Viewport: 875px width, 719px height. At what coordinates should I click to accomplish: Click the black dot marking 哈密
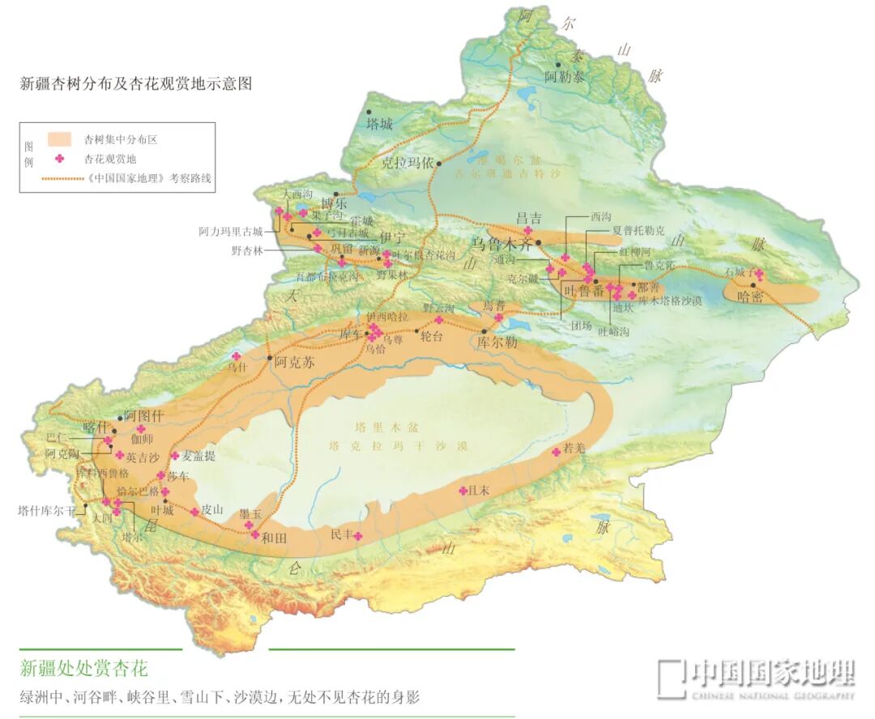753,285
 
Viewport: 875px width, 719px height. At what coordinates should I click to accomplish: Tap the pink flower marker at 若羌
557,452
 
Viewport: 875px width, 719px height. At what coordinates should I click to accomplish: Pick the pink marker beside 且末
463,491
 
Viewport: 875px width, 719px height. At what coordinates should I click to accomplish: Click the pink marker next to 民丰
356,536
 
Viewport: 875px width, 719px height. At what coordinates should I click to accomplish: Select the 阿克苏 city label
294,362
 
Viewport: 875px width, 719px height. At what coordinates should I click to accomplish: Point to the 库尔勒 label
495,342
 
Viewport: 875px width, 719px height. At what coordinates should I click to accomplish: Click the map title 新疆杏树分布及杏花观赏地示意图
136,83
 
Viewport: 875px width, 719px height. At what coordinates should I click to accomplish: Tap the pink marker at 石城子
759,273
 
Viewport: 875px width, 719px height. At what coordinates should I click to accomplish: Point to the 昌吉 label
529,218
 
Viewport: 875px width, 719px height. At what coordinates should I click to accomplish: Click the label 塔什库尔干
47,511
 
